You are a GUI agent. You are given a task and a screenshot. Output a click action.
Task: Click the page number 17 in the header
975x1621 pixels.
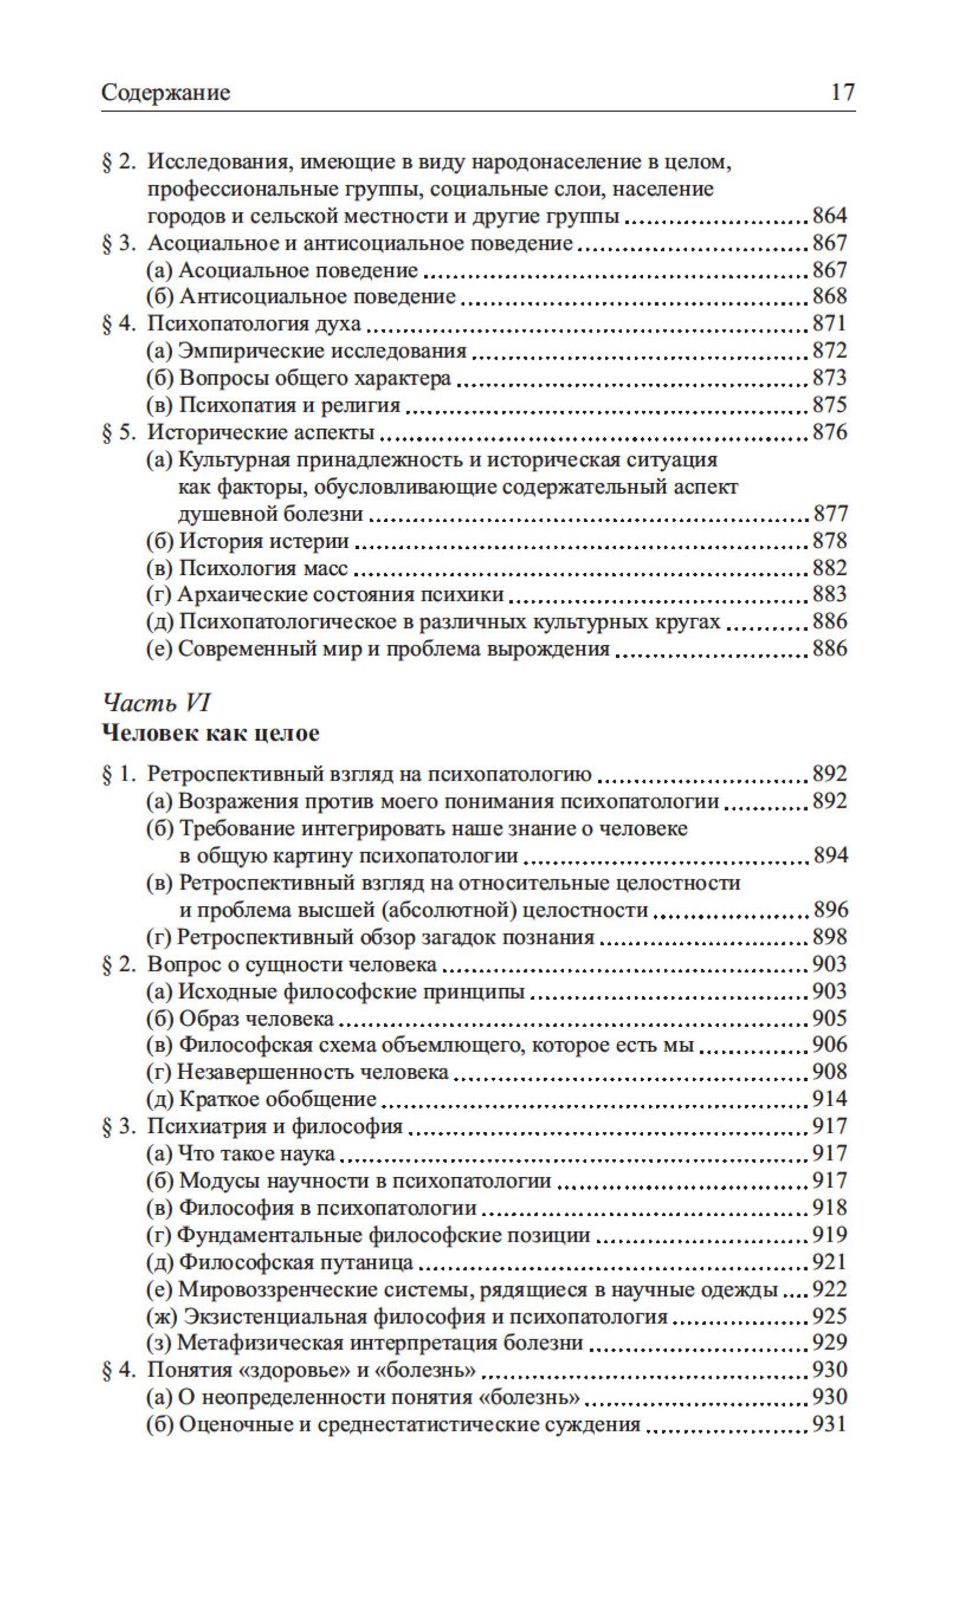(x=842, y=92)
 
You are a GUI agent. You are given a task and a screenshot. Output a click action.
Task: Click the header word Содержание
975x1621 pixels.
(x=165, y=93)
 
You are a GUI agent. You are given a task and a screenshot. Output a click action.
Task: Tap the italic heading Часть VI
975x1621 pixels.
(x=156, y=703)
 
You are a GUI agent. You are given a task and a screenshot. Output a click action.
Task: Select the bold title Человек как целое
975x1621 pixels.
(x=210, y=733)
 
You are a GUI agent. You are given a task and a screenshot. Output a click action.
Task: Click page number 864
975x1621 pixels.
(x=830, y=216)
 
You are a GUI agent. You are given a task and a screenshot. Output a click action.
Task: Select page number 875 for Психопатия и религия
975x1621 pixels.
(x=830, y=405)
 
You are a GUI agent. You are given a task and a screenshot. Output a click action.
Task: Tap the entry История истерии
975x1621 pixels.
(x=263, y=541)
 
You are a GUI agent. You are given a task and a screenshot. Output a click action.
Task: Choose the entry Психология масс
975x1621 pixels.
(x=263, y=568)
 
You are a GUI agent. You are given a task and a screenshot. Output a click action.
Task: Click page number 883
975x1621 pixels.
(x=830, y=595)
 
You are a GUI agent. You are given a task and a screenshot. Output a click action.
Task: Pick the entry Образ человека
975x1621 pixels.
(x=256, y=1019)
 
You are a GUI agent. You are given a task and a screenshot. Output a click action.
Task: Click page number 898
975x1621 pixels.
(x=830, y=937)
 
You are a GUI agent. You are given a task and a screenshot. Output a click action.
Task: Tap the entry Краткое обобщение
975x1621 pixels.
(x=277, y=1100)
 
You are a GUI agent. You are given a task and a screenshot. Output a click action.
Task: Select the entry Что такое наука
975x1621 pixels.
(x=256, y=1154)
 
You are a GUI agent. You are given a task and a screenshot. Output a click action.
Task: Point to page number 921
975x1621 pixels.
(x=830, y=1263)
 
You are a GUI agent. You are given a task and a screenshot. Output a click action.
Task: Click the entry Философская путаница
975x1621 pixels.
(x=296, y=1263)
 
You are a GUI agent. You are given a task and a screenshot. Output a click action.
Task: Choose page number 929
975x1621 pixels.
(x=830, y=1343)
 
